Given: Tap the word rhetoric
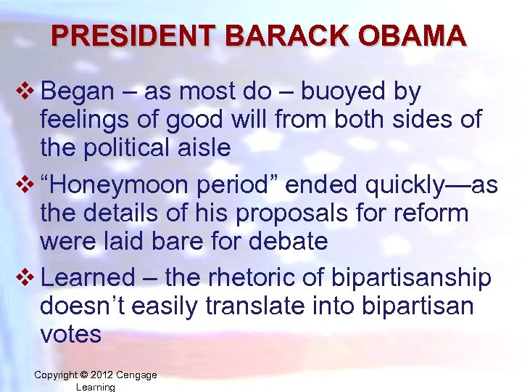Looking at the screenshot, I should tap(244, 278).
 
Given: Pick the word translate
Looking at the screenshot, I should tap(269, 306).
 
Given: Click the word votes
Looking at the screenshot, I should tap(70, 334).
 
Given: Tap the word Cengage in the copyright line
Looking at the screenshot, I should tap(136, 375).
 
